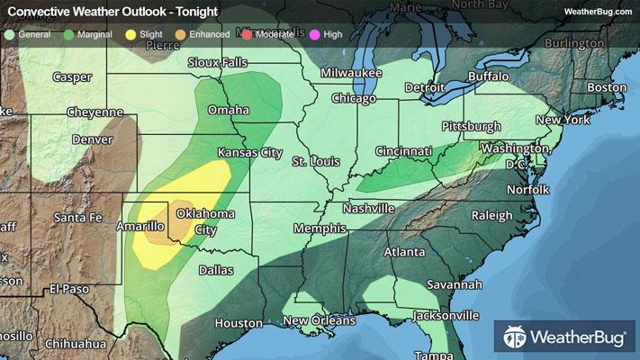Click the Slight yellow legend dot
[x=131, y=34]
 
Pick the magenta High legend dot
[x=312, y=34]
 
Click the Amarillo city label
[x=140, y=227]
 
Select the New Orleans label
[x=320, y=320]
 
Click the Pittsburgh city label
[x=470, y=126]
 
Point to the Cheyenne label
[x=95, y=112]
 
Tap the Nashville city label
[x=367, y=208]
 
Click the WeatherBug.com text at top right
[x=595, y=11]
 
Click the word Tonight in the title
[x=192, y=11]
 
